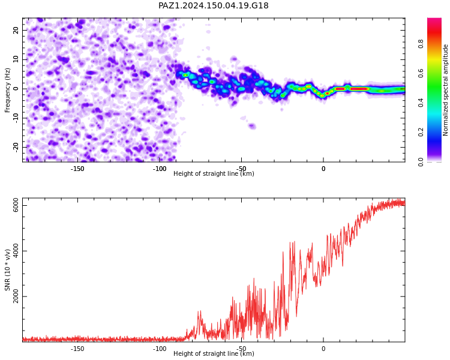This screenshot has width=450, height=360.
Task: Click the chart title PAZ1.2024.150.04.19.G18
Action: pyautogui.click(x=213, y=5)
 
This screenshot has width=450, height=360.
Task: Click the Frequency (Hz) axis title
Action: pyautogui.click(x=7, y=90)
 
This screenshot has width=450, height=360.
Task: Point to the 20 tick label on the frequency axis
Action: pyautogui.click(x=16, y=30)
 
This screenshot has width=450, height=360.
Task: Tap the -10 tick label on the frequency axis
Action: pyautogui.click(x=16, y=118)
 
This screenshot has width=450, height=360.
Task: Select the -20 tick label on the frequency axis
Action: pyautogui.click(x=16, y=147)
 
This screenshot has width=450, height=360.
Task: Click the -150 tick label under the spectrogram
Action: pyautogui.click(x=77, y=169)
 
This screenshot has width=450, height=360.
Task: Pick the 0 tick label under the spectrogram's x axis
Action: pyautogui.click(x=323, y=169)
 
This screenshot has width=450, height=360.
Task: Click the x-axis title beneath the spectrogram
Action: pyautogui.click(x=214, y=173)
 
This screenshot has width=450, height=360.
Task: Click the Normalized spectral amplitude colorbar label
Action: pyautogui.click(x=445, y=90)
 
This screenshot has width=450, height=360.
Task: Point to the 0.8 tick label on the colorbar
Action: pyautogui.click(x=421, y=44)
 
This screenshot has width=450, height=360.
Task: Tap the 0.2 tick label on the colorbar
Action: pyautogui.click(x=421, y=132)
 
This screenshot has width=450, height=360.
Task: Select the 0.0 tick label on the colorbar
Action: pyautogui.click(x=421, y=161)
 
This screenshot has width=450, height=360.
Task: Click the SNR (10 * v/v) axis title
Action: pyautogui.click(x=7, y=270)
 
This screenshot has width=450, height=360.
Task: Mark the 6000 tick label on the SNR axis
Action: pyautogui.click(x=16, y=205)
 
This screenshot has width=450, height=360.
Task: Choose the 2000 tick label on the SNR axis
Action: pyautogui.click(x=16, y=296)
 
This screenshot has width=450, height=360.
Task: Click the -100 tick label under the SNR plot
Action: pyautogui.click(x=159, y=349)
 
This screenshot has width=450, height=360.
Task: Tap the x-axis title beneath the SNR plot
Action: pyautogui.click(x=214, y=353)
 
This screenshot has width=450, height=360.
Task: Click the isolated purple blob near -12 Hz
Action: pyautogui.click(x=252, y=126)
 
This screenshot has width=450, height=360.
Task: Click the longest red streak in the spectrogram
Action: pyautogui.click(x=359, y=89)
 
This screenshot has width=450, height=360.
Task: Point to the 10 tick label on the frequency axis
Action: pyautogui.click(x=16, y=59)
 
